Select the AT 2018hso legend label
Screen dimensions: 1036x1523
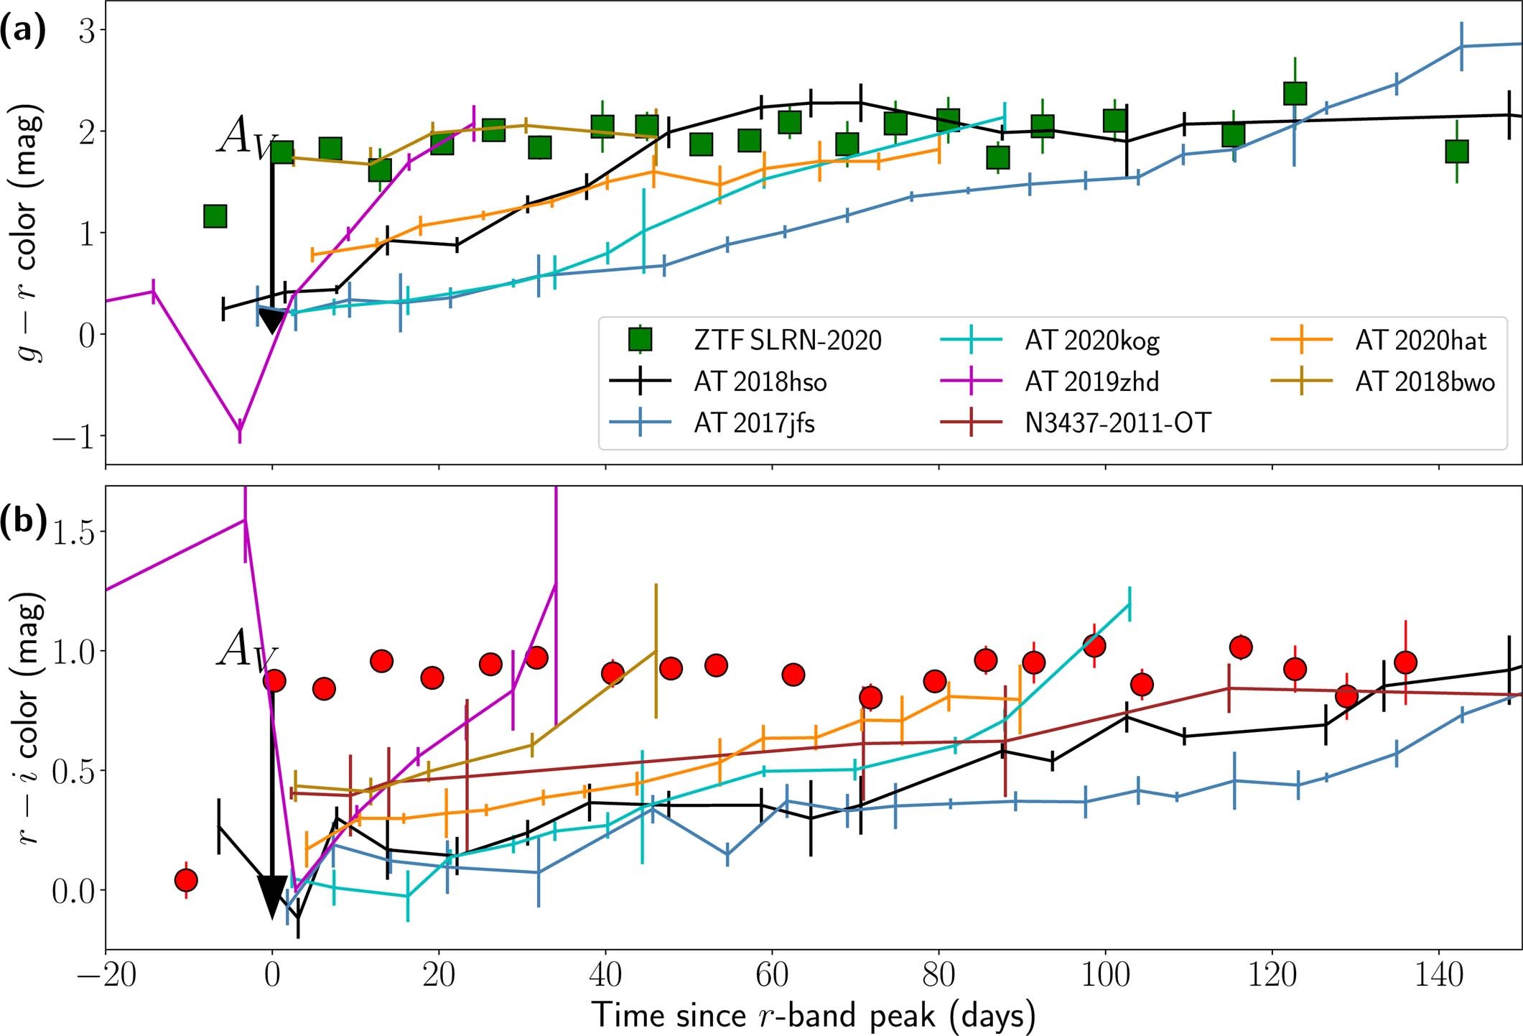(760, 381)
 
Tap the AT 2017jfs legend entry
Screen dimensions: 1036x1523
(754, 423)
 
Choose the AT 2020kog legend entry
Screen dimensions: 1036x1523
(1091, 340)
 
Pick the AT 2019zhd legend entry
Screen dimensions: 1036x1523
(1091, 381)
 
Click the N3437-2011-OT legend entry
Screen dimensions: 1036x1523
(1117, 423)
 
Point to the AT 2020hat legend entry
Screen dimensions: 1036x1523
(1420, 340)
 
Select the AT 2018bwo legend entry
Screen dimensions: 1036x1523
(1425, 381)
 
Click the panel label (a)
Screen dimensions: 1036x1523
(23, 32)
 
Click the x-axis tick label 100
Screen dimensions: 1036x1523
(1105, 976)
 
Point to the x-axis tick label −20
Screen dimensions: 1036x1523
(106, 976)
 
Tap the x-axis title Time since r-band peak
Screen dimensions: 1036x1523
(814, 1015)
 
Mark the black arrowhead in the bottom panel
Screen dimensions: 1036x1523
(272, 895)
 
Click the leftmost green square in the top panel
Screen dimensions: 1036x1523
(215, 216)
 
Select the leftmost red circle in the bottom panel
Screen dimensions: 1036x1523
(186, 879)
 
